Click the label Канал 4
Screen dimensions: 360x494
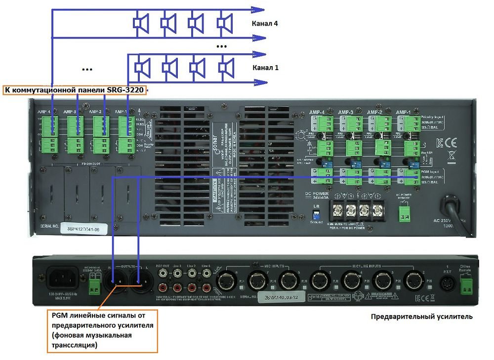tap(265, 23)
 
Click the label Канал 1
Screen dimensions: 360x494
tap(265, 68)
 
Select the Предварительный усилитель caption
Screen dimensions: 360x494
tap(421, 317)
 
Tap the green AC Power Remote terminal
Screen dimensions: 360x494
tap(405, 212)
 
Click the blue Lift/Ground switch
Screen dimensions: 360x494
tap(316, 213)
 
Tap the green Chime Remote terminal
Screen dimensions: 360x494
tap(466, 284)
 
